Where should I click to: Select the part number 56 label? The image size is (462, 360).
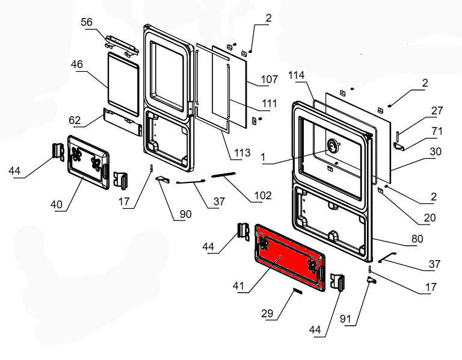pos(88,22)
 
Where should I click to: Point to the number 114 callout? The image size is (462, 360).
pos(297,75)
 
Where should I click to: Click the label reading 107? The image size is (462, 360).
pos(269,79)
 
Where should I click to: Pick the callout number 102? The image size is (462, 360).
pos(263,195)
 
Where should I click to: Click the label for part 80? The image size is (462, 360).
pos(417,239)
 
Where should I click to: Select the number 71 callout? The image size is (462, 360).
pos(437,131)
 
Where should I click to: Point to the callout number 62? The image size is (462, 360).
pos(75,120)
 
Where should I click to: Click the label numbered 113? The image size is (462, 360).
pos(242,154)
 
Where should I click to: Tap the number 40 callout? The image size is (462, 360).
pos(57,205)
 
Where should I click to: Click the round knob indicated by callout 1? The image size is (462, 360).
pos(332,146)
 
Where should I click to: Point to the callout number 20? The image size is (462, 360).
pos(429,217)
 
